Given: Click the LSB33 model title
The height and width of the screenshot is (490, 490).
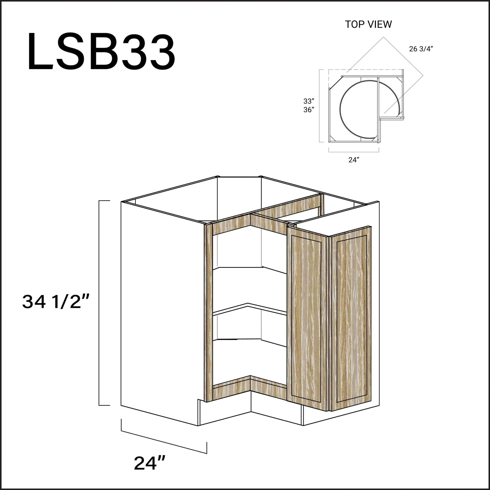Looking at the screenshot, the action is pyautogui.click(x=101, y=51).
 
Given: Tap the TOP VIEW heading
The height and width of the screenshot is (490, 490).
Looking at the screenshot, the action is pyautogui.click(x=368, y=24).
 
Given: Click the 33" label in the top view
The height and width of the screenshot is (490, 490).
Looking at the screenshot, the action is pyautogui.click(x=309, y=101).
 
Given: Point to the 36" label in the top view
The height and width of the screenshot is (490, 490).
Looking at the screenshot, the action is pyautogui.click(x=309, y=109).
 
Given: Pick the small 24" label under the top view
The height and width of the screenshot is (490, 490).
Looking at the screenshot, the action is pyautogui.click(x=354, y=160).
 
